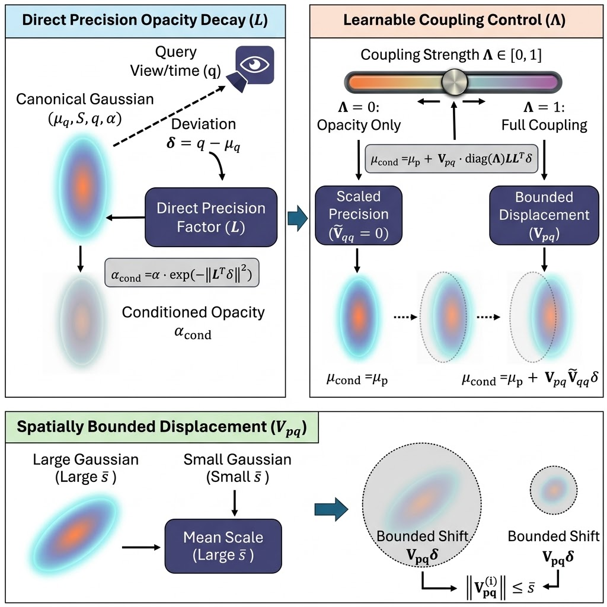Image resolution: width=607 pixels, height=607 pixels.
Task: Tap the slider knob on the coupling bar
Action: coord(455,82)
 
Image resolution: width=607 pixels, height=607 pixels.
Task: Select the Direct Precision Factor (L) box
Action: coord(211,217)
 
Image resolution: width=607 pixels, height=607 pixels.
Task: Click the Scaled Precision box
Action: coord(359,215)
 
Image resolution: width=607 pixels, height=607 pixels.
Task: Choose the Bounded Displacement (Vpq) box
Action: coord(544,215)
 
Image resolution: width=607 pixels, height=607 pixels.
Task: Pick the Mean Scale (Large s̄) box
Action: coord(223,546)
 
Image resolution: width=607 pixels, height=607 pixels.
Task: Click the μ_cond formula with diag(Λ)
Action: coord(451,158)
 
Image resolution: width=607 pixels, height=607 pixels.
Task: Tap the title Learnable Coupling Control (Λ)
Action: coord(454,20)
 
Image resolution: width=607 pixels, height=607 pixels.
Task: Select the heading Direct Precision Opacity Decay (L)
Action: coord(145,20)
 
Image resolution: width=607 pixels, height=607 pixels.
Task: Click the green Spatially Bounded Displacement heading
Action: coord(162,427)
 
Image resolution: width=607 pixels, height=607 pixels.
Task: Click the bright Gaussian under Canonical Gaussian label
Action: coord(83,185)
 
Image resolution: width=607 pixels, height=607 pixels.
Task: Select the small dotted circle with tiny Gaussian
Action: coord(554,490)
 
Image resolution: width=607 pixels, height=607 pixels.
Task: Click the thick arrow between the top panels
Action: coord(298,219)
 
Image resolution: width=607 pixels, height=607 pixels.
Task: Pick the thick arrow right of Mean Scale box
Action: coord(331,509)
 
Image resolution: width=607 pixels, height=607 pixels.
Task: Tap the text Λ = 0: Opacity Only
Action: coord(359,116)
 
